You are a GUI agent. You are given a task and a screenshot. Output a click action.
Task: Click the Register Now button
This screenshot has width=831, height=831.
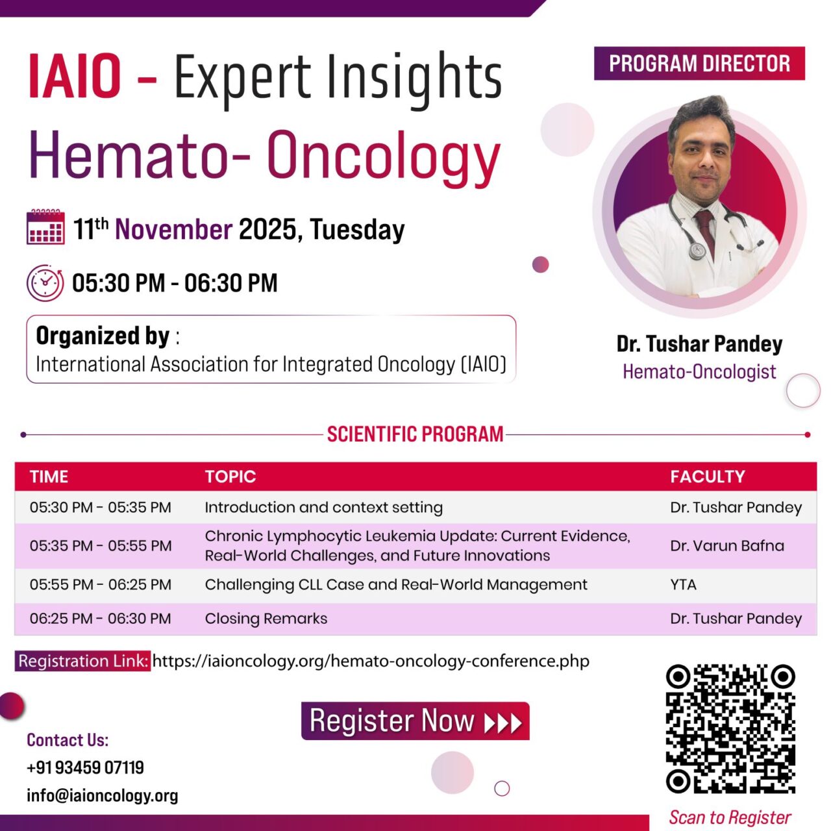point(415,721)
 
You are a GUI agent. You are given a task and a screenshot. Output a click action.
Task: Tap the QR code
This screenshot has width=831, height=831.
point(730,728)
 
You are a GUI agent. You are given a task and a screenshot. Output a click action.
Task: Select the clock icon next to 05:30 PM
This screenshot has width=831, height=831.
point(45,283)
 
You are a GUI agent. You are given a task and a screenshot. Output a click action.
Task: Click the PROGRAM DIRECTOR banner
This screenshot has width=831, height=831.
point(699,64)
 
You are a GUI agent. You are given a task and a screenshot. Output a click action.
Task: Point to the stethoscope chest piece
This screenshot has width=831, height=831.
point(697,251)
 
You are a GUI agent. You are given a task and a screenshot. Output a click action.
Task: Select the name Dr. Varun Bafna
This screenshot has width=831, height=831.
point(726,546)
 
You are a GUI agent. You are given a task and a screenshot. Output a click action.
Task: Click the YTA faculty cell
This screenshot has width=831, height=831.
point(683,585)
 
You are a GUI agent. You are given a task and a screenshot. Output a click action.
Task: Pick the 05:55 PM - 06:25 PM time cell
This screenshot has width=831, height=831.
point(101,585)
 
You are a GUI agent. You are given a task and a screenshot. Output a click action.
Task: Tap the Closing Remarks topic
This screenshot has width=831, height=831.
point(266,619)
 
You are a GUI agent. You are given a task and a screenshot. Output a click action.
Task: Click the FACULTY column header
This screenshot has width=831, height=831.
point(707,477)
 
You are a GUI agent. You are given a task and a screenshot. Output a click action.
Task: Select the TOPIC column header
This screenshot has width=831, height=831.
point(230,477)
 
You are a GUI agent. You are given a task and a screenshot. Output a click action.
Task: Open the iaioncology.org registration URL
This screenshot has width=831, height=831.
point(371,662)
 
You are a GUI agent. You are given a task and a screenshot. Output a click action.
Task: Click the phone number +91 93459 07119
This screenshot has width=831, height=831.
point(85,768)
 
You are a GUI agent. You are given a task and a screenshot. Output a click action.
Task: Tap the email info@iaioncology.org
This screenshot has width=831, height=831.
point(102,796)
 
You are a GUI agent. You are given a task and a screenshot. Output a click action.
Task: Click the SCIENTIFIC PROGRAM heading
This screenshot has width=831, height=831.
point(415,434)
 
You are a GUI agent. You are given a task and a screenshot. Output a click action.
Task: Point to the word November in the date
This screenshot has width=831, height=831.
point(173,230)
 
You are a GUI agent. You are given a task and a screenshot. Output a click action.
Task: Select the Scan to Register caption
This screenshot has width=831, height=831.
point(730,817)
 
